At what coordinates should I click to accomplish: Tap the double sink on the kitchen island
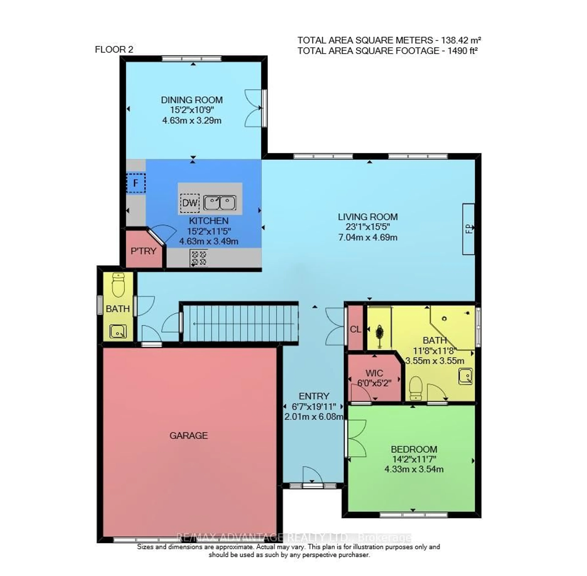click(x=220, y=203)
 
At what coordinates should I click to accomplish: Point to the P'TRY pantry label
click(x=143, y=251)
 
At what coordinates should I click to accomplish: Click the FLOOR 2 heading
click(x=114, y=49)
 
